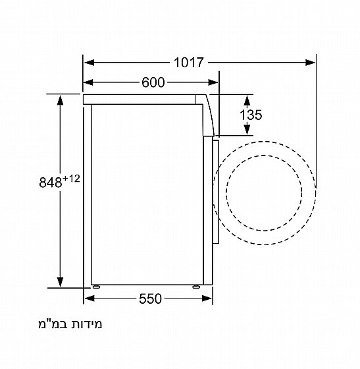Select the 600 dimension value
[152, 82]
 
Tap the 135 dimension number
[251, 115]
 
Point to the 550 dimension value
[150, 299]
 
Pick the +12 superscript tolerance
[70, 176]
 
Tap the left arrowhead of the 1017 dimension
[89, 63]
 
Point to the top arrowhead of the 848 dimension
[61, 99]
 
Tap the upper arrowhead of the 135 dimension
[247, 99]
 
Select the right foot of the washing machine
[197, 287]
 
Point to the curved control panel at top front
[209, 115]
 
